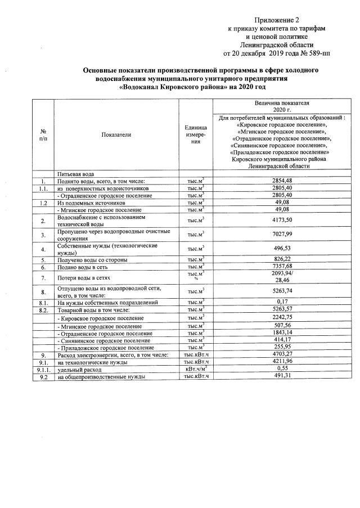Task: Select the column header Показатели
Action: pyautogui.click(x=116, y=135)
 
